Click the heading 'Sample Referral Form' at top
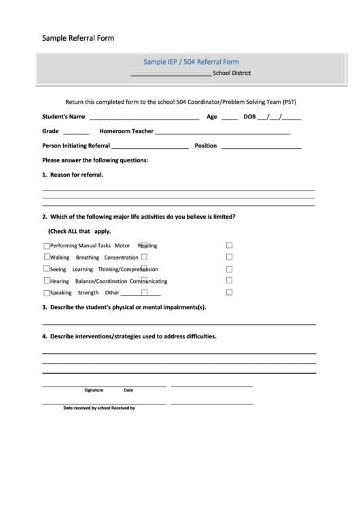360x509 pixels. pos(78,38)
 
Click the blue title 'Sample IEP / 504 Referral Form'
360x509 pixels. pos(191,62)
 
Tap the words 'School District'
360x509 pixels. pos(232,73)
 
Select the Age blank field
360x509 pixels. pos(229,117)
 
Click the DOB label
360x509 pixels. pos(249,117)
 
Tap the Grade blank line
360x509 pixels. pos(76,131)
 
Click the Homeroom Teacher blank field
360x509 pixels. pos(223,131)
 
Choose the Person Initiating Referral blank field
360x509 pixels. pos(150,145)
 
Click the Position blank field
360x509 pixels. pos(261,145)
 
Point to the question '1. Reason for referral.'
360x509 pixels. pos(73,175)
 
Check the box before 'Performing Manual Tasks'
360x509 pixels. pos(47,246)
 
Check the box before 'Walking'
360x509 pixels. pos(47,258)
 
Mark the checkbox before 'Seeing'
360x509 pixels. pos(47,269)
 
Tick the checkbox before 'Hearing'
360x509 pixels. pos(47,281)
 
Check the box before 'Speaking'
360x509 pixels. pos(47,293)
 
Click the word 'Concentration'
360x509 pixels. pos(122,258)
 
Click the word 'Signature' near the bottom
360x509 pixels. pos(94,390)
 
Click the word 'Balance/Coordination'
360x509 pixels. pos(101,281)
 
